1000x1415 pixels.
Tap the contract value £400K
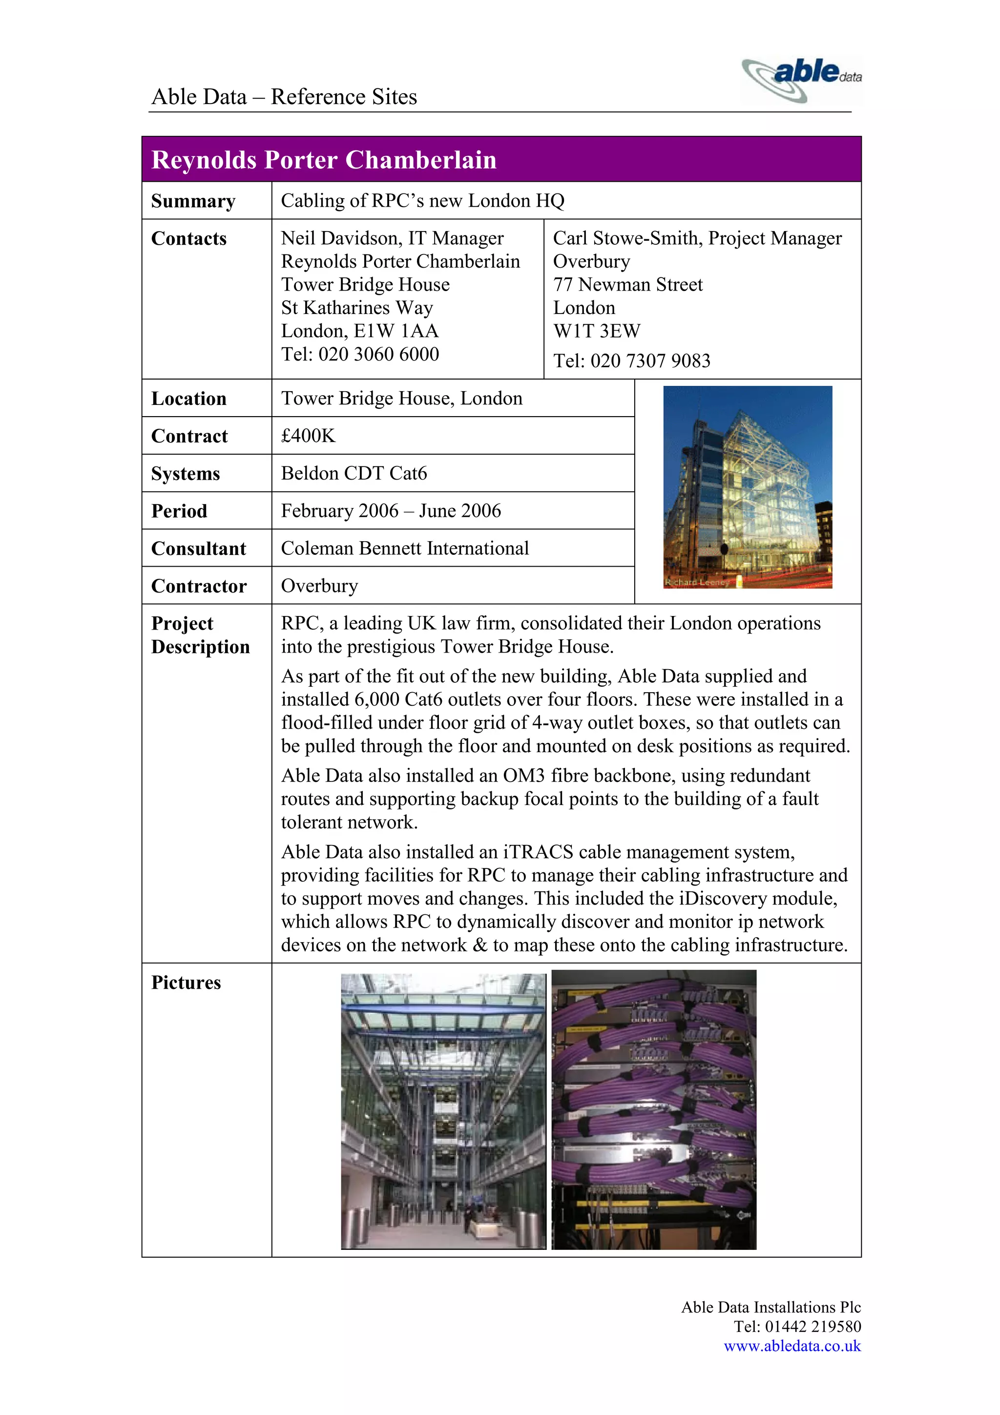308,436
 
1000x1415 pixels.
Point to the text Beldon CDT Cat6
354,473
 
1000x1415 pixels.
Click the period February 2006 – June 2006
391,511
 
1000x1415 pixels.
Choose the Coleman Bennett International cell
405,549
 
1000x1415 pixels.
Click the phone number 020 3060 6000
378,355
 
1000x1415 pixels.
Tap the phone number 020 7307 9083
650,360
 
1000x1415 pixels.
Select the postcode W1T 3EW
596,331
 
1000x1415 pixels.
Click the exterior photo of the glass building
748,487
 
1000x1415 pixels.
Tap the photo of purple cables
653,1109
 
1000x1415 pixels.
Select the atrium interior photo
443,1111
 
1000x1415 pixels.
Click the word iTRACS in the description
539,852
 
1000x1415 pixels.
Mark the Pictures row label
186,982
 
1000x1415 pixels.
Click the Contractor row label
198,586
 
